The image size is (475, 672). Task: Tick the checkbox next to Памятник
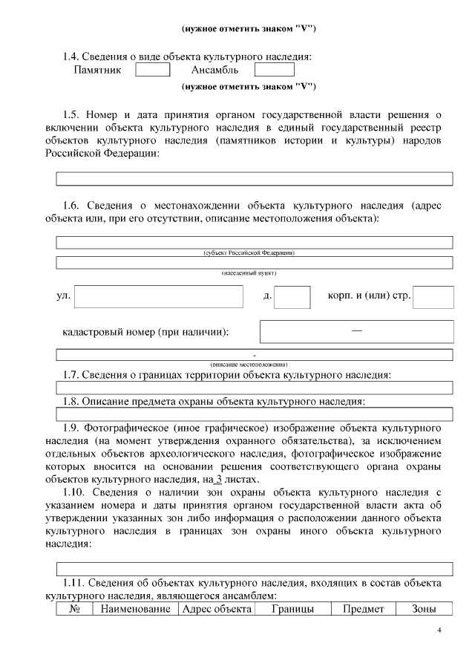tap(153, 70)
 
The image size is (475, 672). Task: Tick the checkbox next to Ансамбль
tap(274, 70)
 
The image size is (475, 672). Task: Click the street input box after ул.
tap(159, 297)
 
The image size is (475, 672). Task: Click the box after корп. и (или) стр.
tap(433, 297)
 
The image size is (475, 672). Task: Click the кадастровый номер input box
tap(356, 331)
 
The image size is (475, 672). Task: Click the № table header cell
tap(74, 609)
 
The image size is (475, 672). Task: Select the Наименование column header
tap(135, 609)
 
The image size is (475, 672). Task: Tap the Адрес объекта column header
tap(217, 609)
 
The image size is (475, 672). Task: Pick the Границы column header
tap(291, 609)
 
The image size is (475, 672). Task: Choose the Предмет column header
tap(363, 609)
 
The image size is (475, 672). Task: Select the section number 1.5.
tap(71, 114)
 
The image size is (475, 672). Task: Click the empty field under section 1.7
tap(255, 388)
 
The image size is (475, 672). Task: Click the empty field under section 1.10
tap(255, 570)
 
